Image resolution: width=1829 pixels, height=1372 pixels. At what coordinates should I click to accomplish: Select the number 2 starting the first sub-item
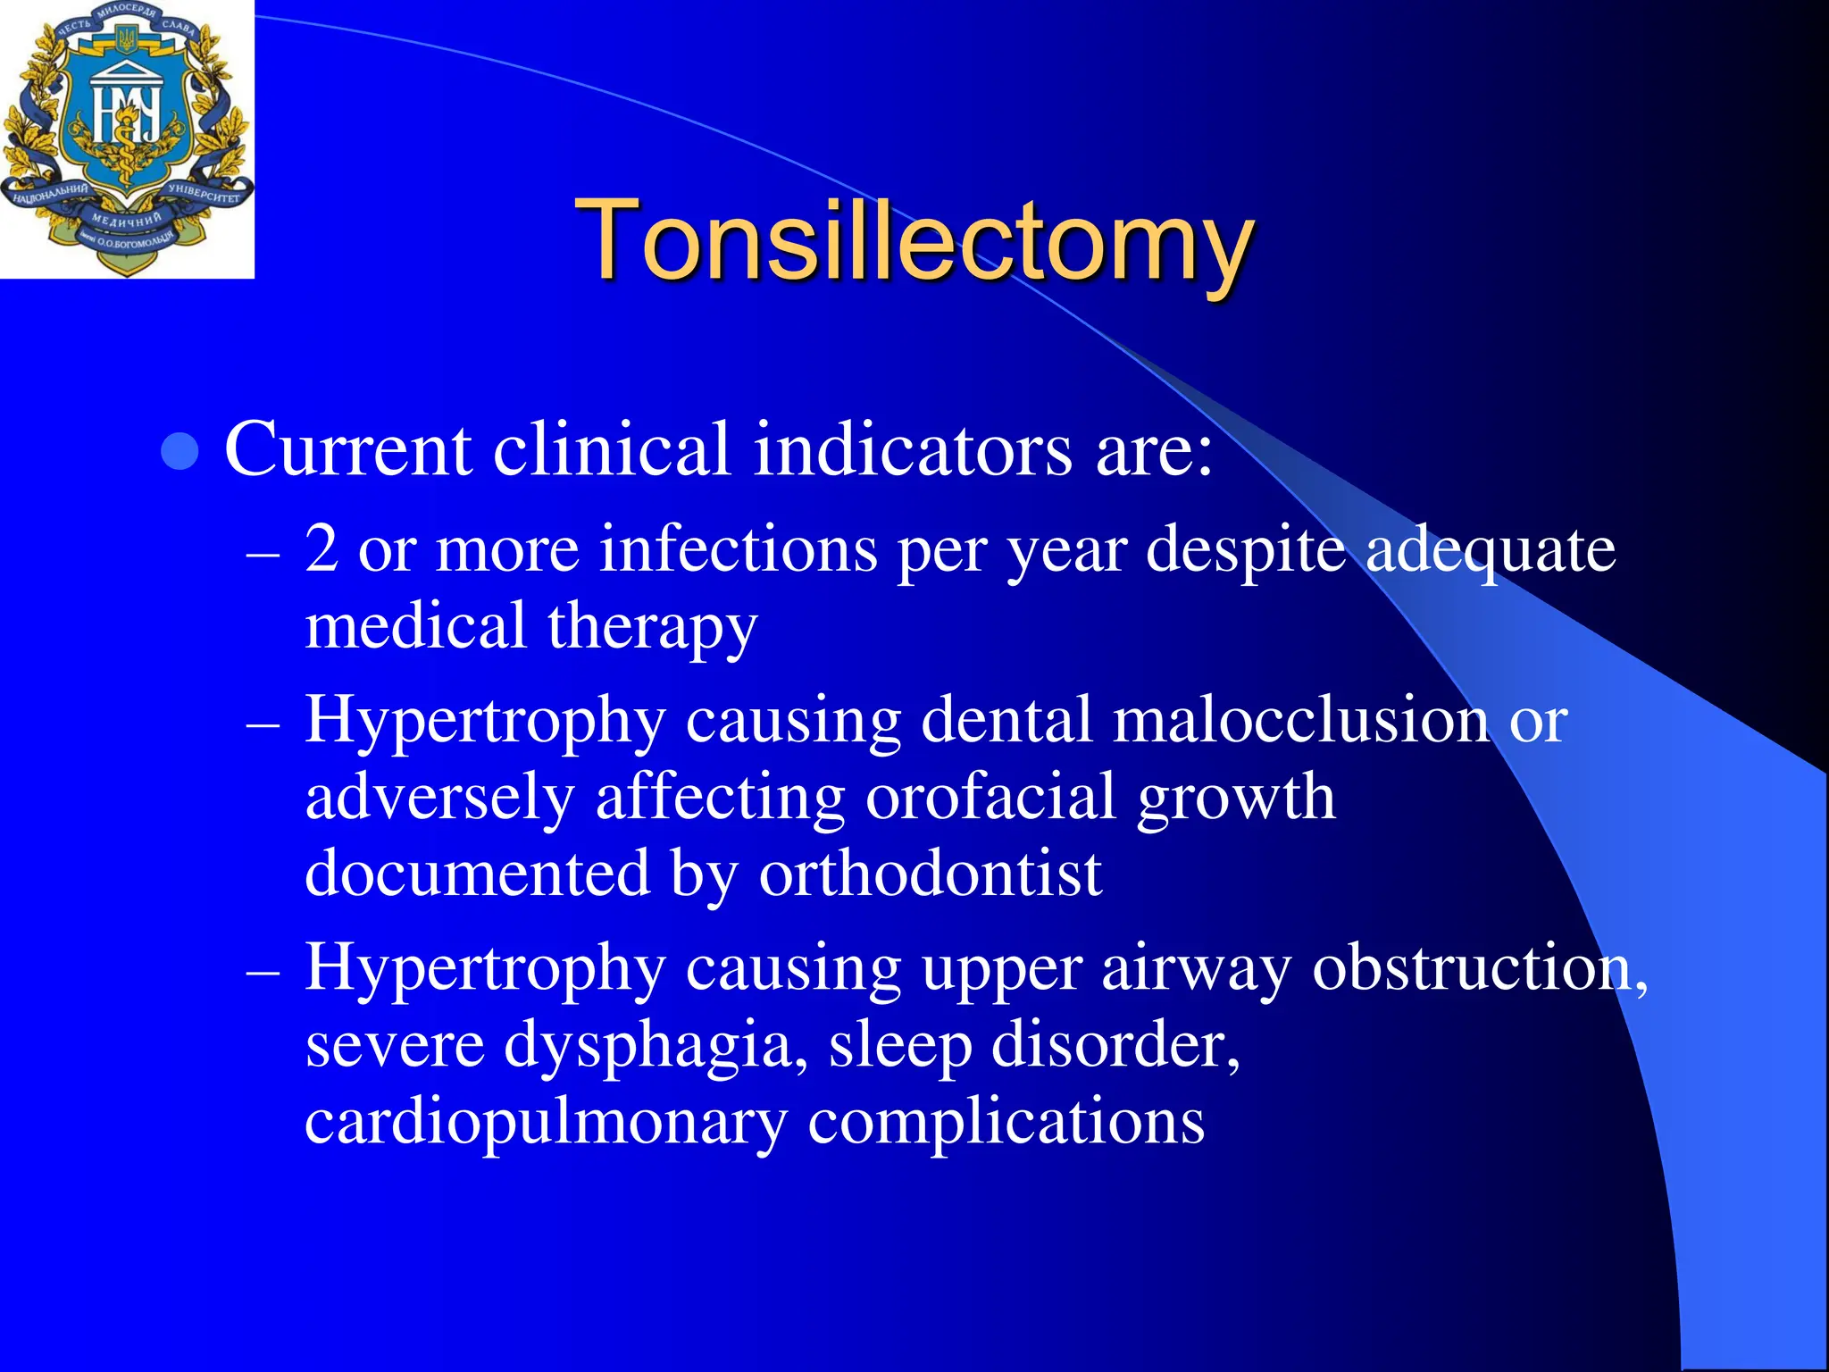point(322,548)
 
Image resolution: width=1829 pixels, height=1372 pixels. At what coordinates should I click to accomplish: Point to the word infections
point(739,548)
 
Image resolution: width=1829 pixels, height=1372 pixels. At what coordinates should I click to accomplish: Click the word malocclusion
point(1300,719)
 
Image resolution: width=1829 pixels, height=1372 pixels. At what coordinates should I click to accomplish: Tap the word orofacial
point(990,796)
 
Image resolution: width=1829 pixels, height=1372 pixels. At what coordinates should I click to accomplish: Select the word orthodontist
point(930,873)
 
